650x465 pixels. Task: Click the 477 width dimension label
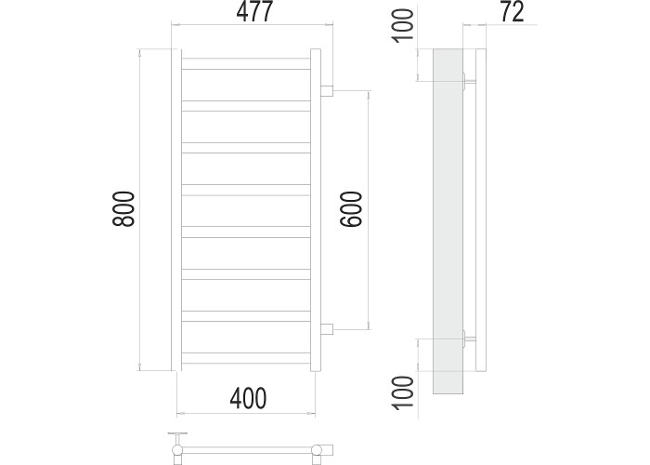pyautogui.click(x=254, y=12)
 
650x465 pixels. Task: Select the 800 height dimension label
pyautogui.click(x=123, y=209)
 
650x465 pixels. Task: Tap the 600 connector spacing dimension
pyautogui.click(x=351, y=209)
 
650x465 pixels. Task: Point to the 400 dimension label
pyautogui.click(x=248, y=398)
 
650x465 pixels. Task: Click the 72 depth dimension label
pyautogui.click(x=513, y=12)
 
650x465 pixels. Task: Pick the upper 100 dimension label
pyautogui.click(x=403, y=25)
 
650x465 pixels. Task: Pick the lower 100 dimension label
pyautogui.click(x=403, y=392)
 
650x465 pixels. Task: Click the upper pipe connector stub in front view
pyautogui.click(x=327, y=91)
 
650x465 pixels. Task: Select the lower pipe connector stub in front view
pyautogui.click(x=327, y=329)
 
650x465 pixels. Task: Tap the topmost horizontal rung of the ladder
pyautogui.click(x=246, y=64)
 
